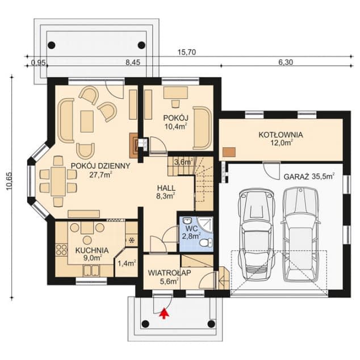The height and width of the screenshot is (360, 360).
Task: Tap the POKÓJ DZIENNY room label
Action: tap(101, 166)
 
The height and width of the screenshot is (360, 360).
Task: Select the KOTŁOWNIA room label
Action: tap(281, 135)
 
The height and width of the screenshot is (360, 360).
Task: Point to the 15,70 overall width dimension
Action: tap(187, 52)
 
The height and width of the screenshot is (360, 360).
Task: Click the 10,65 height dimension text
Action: tap(10, 181)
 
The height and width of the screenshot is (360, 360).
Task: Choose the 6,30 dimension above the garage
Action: tap(286, 62)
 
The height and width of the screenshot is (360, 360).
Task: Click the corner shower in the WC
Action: tap(205, 224)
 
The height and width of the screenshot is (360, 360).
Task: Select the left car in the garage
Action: tap(257, 234)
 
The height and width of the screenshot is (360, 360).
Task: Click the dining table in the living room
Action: tap(58, 181)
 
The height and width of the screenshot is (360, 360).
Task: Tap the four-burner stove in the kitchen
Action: tap(61, 250)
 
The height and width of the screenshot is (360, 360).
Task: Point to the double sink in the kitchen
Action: tap(91, 270)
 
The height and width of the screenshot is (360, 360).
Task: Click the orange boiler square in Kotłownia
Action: tap(229, 152)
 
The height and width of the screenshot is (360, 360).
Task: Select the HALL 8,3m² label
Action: tap(166, 192)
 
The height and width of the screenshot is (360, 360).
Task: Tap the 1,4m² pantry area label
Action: tap(127, 263)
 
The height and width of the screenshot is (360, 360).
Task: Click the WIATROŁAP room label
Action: tap(169, 273)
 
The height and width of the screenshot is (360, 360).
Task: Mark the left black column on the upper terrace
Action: tap(52, 45)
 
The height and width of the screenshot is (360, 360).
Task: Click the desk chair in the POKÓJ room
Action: tap(175, 103)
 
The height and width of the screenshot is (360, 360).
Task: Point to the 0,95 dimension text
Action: tap(39, 62)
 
